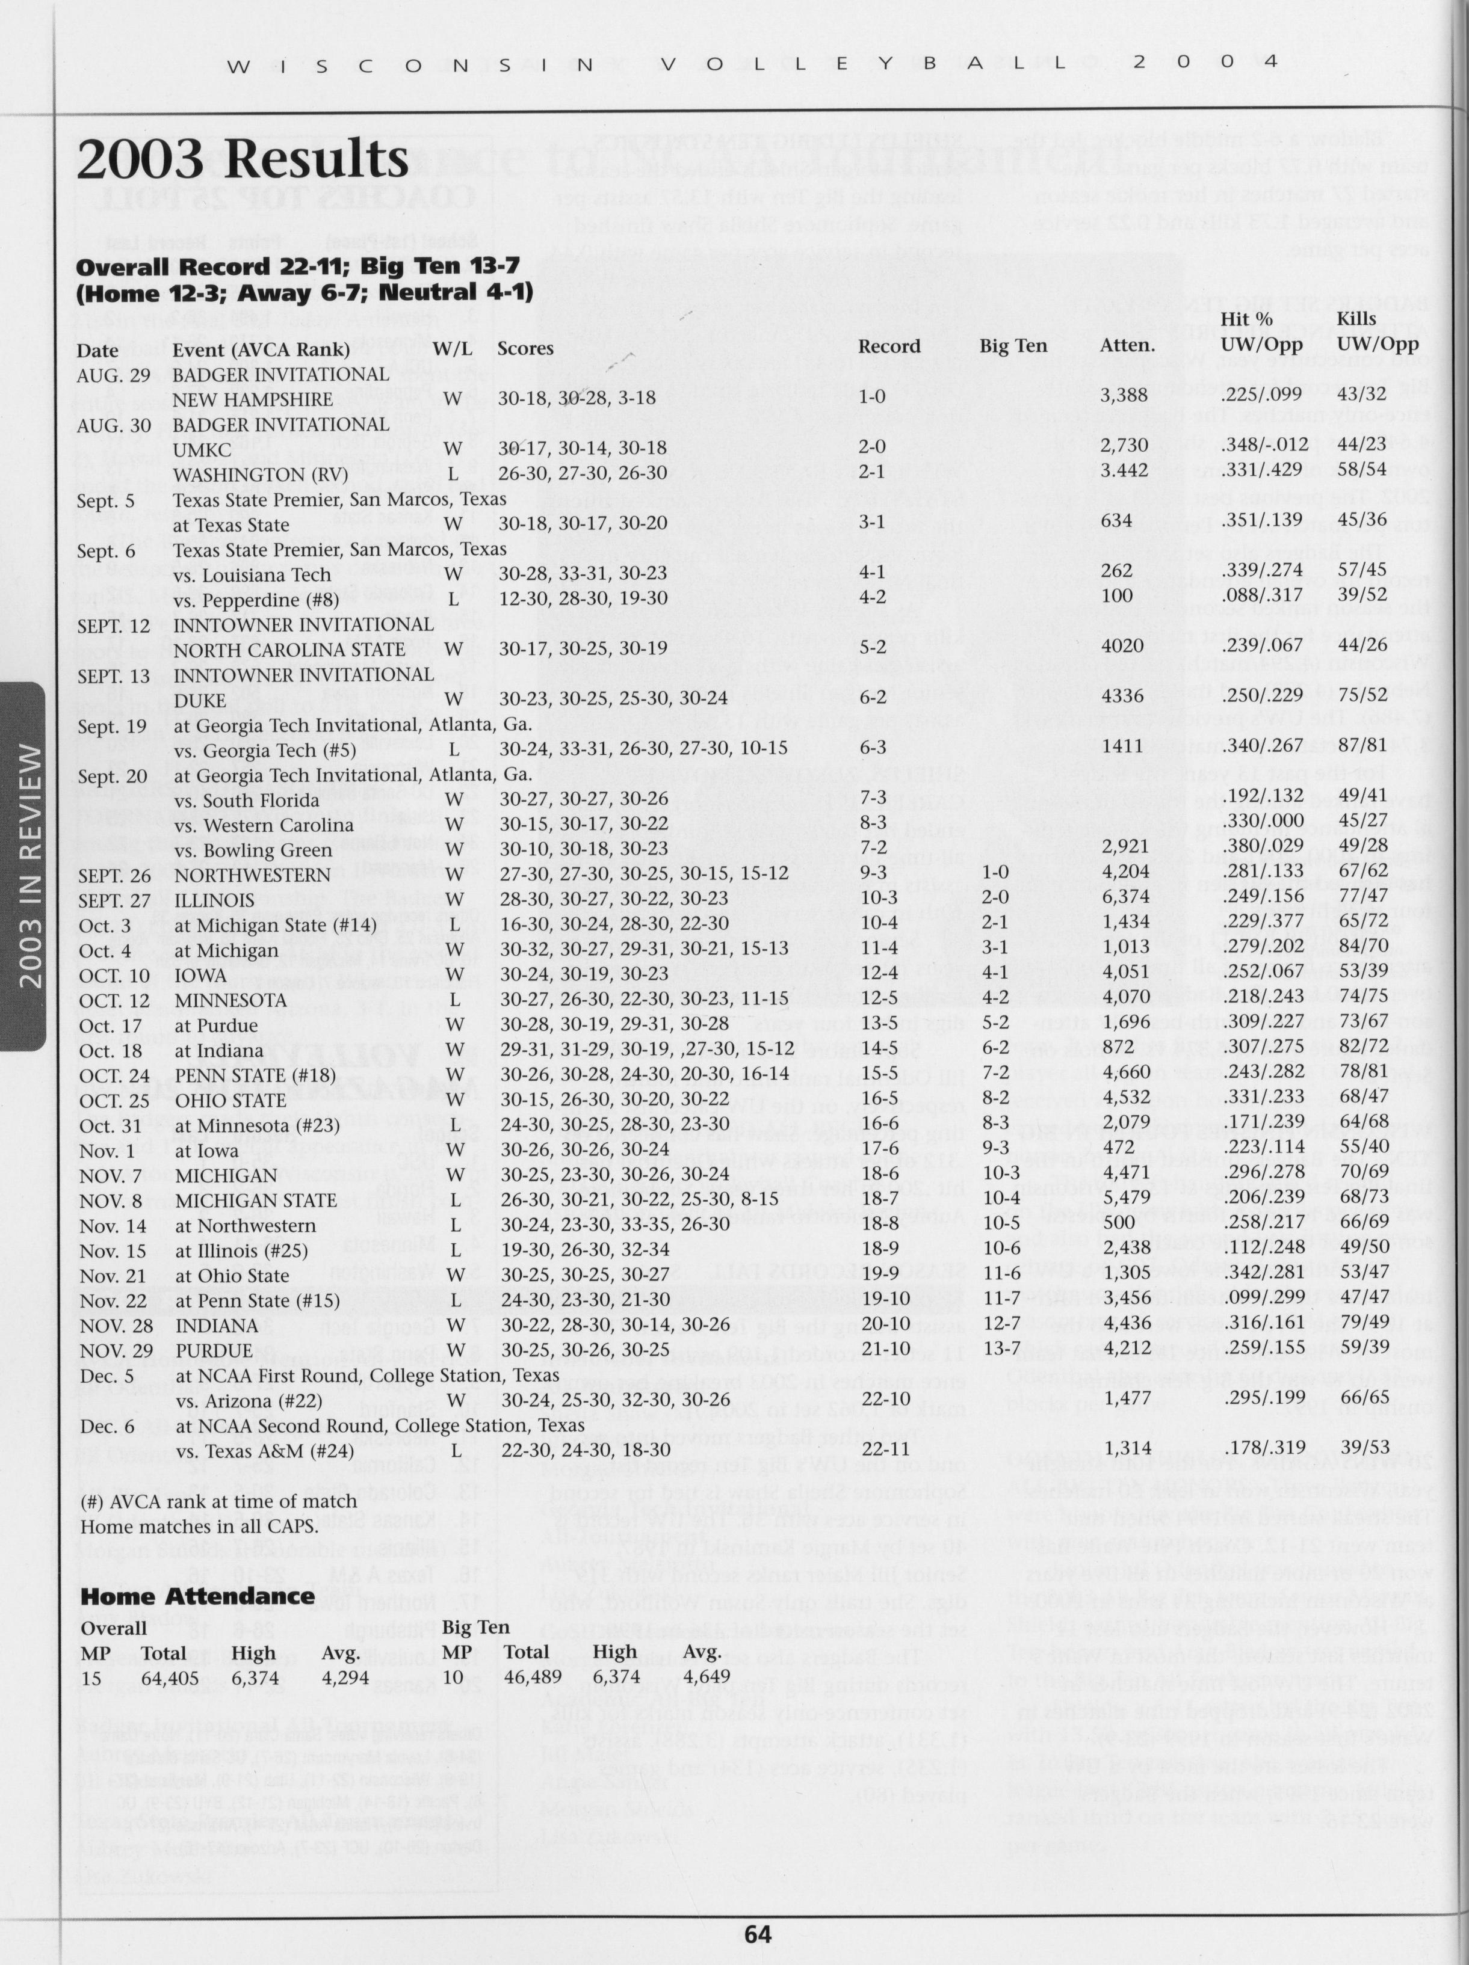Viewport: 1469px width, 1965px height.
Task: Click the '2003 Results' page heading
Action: (x=243, y=161)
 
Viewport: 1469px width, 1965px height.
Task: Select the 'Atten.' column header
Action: (x=1127, y=346)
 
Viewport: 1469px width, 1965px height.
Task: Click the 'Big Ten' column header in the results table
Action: (x=1013, y=346)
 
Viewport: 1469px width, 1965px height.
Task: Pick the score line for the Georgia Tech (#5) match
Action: (x=643, y=748)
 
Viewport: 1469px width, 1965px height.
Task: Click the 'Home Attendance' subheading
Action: (x=197, y=1596)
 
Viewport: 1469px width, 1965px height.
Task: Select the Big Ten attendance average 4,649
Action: (x=707, y=1676)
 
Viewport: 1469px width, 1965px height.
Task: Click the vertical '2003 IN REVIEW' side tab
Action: (x=29, y=866)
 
